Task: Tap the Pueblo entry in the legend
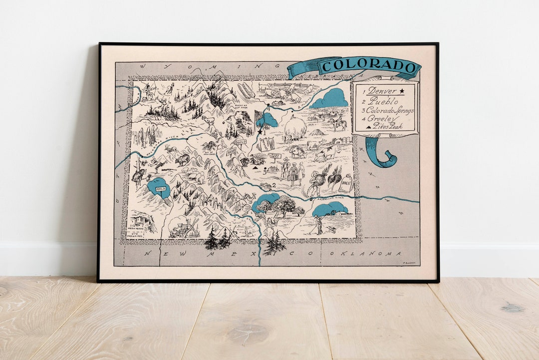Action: click(x=382, y=101)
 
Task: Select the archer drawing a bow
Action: click(x=150, y=90)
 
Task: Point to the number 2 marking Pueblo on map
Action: click(x=273, y=186)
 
